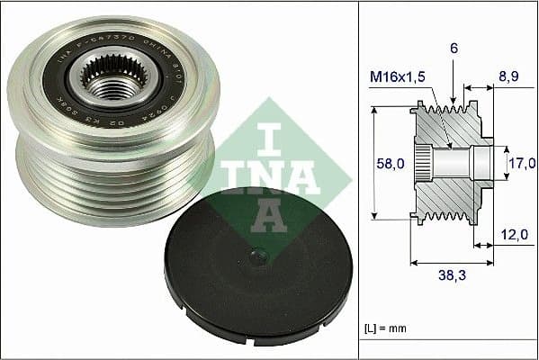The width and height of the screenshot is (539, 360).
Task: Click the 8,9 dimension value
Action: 508,78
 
